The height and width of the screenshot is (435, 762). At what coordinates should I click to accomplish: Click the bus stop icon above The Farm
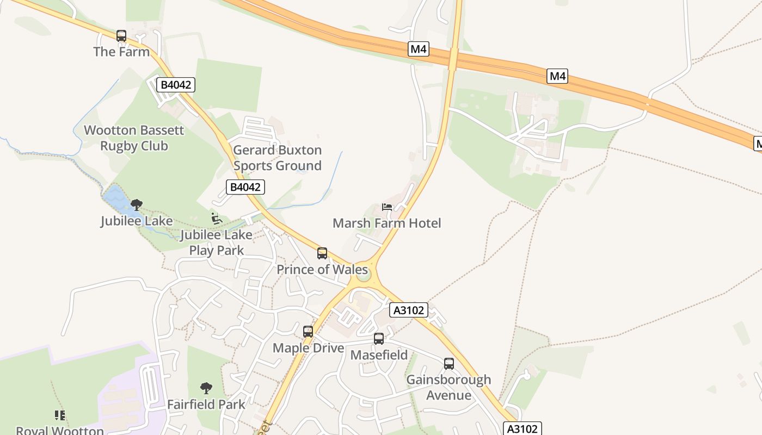pyautogui.click(x=121, y=36)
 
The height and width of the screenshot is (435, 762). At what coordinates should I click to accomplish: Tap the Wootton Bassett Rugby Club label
pyautogui.click(x=134, y=138)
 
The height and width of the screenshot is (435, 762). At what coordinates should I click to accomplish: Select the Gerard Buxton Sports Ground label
pyautogui.click(x=277, y=158)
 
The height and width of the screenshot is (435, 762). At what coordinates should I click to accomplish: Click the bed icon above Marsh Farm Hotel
pyautogui.click(x=387, y=207)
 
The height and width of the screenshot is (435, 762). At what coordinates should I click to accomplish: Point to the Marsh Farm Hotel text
pyautogui.click(x=386, y=223)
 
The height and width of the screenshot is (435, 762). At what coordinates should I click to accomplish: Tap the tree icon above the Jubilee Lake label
pyautogui.click(x=137, y=205)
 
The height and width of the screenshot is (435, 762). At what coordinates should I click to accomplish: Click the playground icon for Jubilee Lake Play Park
pyautogui.click(x=216, y=219)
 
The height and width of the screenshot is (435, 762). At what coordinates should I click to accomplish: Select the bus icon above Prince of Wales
pyautogui.click(x=322, y=253)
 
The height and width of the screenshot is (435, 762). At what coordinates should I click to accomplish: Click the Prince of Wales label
pyautogui.click(x=322, y=270)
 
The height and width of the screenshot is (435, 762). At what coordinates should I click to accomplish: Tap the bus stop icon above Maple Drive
pyautogui.click(x=308, y=332)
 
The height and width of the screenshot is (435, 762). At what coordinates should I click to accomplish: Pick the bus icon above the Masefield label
pyautogui.click(x=379, y=339)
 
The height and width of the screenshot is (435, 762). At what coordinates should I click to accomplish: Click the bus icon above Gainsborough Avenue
pyautogui.click(x=449, y=364)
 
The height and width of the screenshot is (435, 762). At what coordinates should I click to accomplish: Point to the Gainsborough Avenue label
pyautogui.click(x=448, y=387)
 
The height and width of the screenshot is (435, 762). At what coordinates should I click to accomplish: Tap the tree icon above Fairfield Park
pyautogui.click(x=206, y=388)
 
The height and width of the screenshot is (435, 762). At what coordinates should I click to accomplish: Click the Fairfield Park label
pyautogui.click(x=206, y=405)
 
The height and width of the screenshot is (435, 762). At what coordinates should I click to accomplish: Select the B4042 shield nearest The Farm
pyautogui.click(x=176, y=85)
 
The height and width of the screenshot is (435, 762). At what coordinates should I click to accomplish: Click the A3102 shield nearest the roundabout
pyautogui.click(x=409, y=310)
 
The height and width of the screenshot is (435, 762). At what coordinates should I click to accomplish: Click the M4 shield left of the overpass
pyautogui.click(x=418, y=49)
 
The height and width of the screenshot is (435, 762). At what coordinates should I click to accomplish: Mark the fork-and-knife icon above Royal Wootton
pyautogui.click(x=60, y=415)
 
